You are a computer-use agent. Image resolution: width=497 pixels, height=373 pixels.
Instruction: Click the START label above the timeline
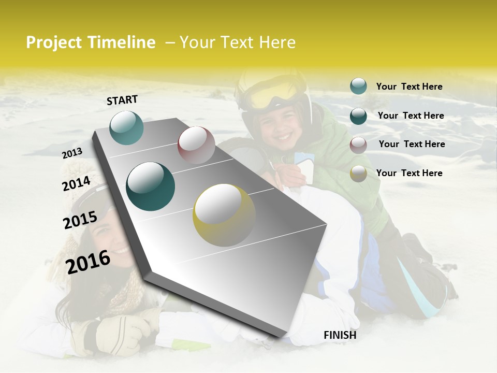coord(122,100)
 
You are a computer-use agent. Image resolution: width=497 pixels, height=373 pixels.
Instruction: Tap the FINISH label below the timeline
coord(340,335)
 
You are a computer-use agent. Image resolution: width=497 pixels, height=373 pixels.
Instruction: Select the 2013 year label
coord(72,153)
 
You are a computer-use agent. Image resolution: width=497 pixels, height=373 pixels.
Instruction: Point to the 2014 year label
coord(76,183)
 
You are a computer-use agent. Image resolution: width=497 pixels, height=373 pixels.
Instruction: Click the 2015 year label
coord(80,220)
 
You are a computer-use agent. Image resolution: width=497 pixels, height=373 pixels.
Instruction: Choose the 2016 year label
coord(88,262)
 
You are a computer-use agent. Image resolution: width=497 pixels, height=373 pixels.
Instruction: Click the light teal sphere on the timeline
coord(126,127)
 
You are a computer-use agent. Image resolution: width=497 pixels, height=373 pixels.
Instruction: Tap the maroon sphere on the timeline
coord(196,145)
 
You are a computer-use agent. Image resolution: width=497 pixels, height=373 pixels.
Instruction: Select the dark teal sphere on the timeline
coord(151,187)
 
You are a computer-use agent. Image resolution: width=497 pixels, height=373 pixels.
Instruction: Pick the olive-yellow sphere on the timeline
coord(224,214)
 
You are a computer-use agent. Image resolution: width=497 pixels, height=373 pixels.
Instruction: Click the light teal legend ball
coord(358,87)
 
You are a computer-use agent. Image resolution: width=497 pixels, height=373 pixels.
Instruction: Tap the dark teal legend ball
coord(358,116)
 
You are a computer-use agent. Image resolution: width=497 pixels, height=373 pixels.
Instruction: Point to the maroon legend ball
coord(358,145)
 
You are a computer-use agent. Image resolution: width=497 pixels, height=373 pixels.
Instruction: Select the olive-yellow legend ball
coord(358,174)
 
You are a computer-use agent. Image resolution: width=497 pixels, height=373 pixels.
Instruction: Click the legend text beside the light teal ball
coord(409,87)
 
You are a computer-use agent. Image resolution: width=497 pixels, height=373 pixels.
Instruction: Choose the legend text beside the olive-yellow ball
coord(409,173)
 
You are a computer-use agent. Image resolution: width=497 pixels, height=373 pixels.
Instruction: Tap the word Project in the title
coord(53,43)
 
